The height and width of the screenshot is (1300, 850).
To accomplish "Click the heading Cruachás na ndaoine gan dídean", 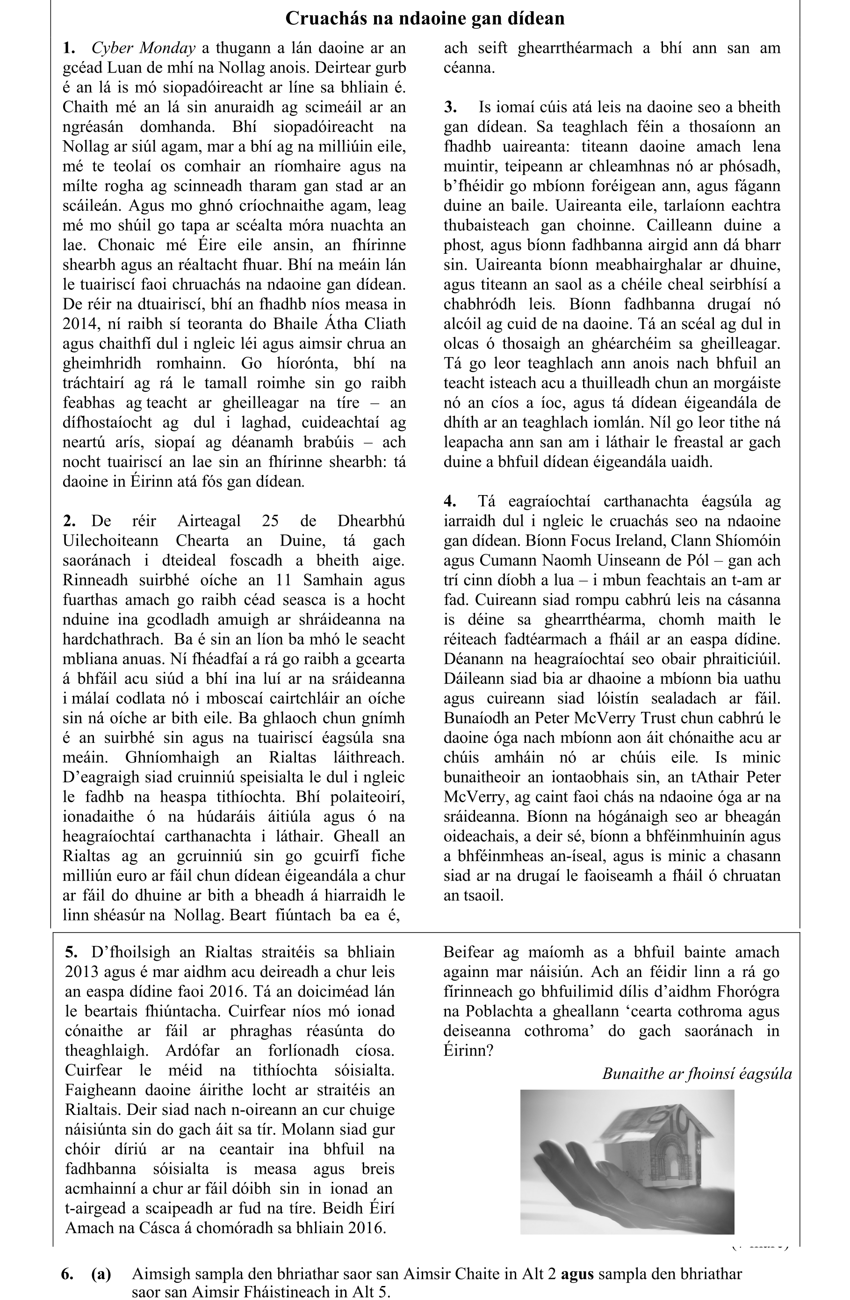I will pos(425,19).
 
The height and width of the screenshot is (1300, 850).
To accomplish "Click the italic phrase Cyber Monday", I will pos(143,48).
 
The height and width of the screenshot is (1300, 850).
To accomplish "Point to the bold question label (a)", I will pos(101,1274).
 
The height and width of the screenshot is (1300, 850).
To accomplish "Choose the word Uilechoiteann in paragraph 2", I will pos(111,540).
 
